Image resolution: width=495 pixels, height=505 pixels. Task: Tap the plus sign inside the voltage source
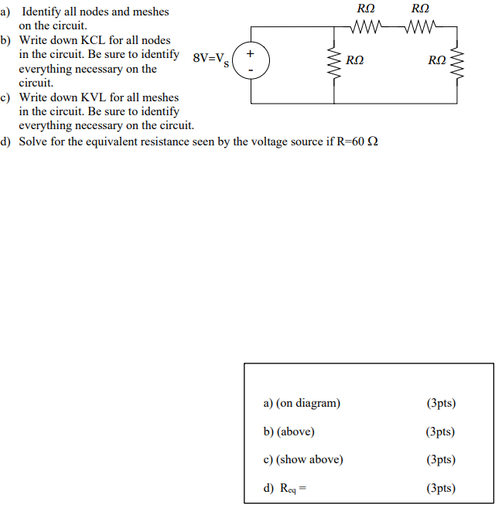(249, 55)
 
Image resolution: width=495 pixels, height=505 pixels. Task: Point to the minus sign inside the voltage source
(249, 70)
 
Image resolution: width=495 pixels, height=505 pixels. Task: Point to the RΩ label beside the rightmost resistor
(437, 60)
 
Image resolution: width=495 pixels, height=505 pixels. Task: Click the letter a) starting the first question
(7, 12)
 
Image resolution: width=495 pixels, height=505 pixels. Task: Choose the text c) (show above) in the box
(303, 459)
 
